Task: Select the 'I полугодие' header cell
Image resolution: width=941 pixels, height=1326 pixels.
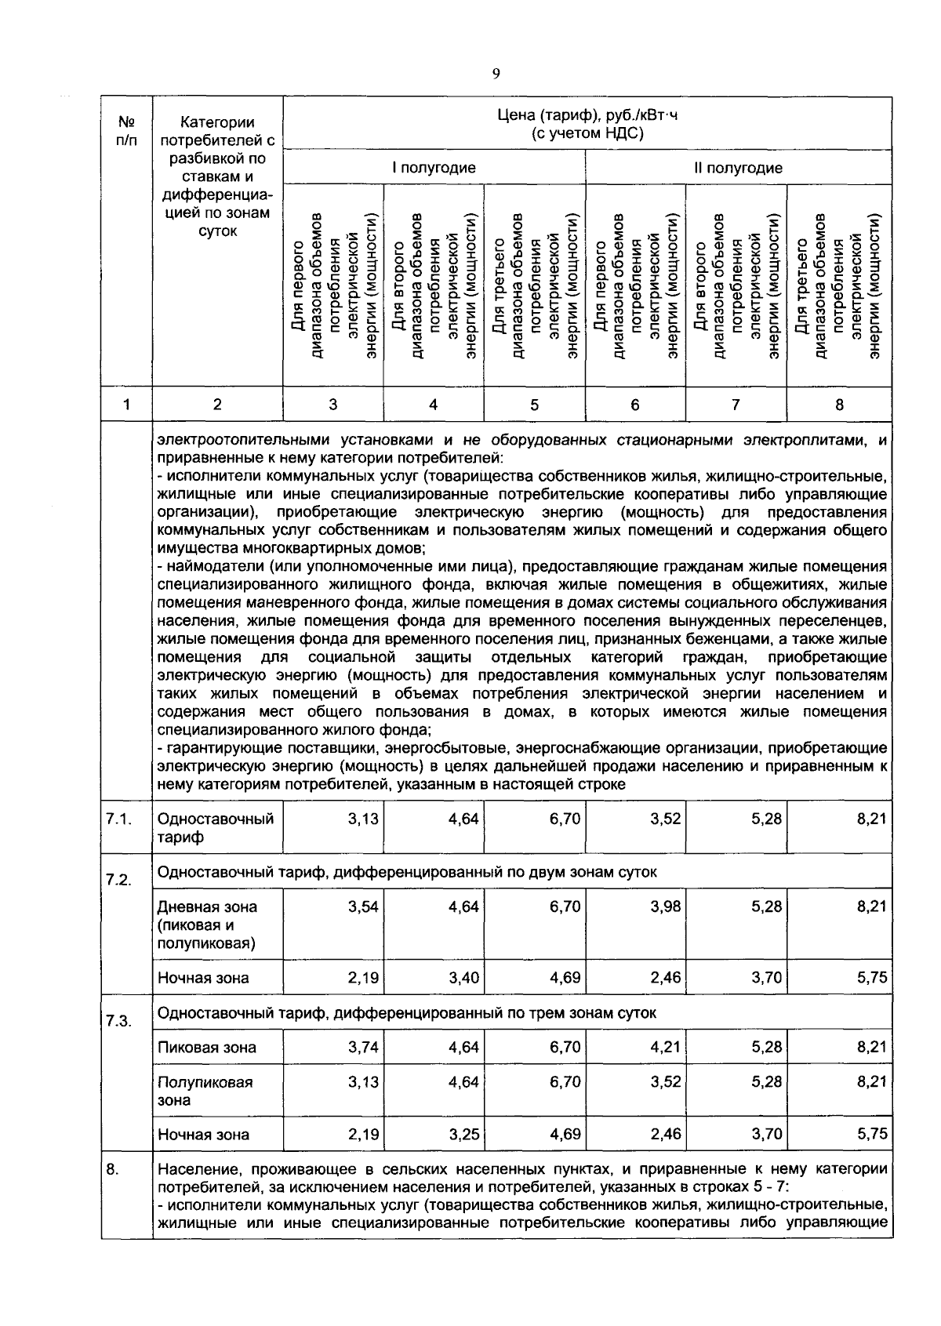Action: pos(434,168)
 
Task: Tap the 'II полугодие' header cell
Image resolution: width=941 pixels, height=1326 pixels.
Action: pos(737,168)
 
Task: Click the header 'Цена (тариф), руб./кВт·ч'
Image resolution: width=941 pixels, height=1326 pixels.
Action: pos(587,116)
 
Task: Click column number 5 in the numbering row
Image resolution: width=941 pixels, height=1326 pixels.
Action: pos(534,405)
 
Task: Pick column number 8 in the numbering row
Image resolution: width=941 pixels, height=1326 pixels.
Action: pos(839,405)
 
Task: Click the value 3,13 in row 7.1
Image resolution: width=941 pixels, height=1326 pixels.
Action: pos(363,819)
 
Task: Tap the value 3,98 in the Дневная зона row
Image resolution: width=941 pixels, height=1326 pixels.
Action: pos(665,906)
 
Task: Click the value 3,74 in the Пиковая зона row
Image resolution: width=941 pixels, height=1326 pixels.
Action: pos(363,1047)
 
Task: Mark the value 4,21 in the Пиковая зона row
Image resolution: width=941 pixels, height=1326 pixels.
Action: pos(665,1047)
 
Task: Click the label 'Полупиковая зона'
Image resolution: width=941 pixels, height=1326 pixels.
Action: pos(205,1091)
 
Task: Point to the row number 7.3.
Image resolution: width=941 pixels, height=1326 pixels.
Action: pos(118,1021)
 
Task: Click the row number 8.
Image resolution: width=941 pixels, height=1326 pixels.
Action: pos(113,1169)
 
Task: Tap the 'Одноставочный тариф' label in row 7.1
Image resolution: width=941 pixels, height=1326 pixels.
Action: pos(216,827)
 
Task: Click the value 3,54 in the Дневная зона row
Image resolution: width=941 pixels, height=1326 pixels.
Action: pos(363,906)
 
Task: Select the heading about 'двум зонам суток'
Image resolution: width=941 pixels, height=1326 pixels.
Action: pos(407,872)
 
